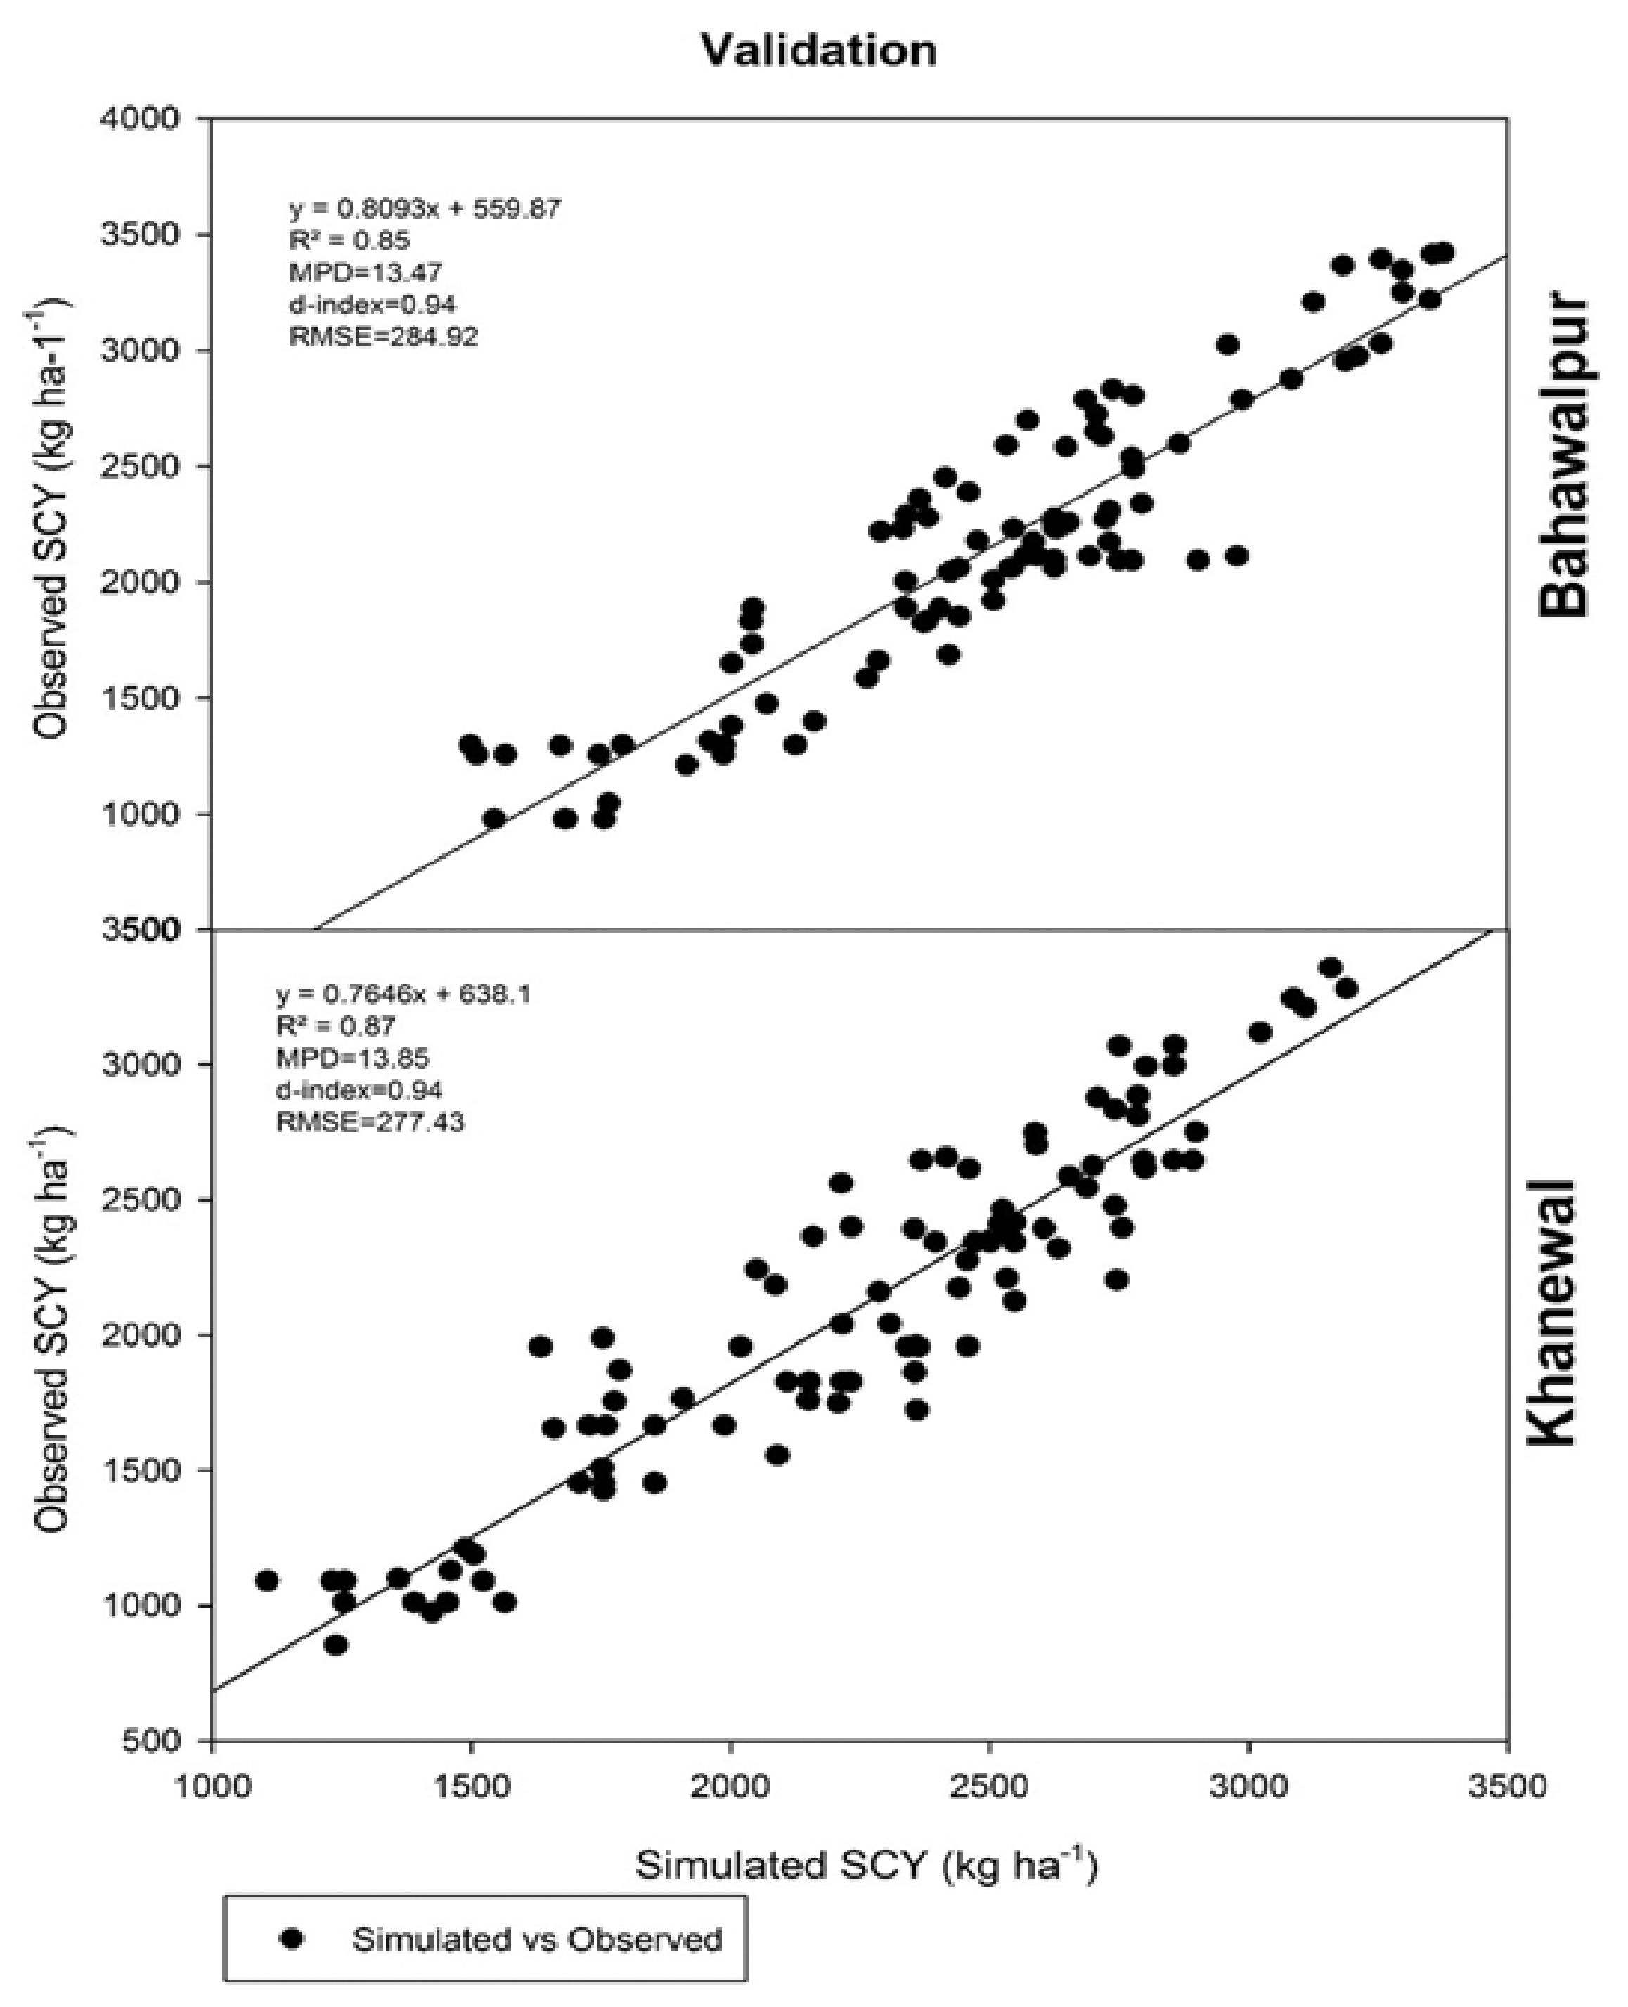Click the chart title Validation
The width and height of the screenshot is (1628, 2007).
[819, 51]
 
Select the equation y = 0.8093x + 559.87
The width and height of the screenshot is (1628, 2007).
[424, 208]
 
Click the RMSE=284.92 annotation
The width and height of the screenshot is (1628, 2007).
[384, 337]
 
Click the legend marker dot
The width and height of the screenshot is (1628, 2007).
[295, 1939]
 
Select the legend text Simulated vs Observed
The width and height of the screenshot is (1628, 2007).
[536, 1939]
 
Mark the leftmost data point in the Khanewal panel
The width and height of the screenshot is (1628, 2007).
[266, 1580]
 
